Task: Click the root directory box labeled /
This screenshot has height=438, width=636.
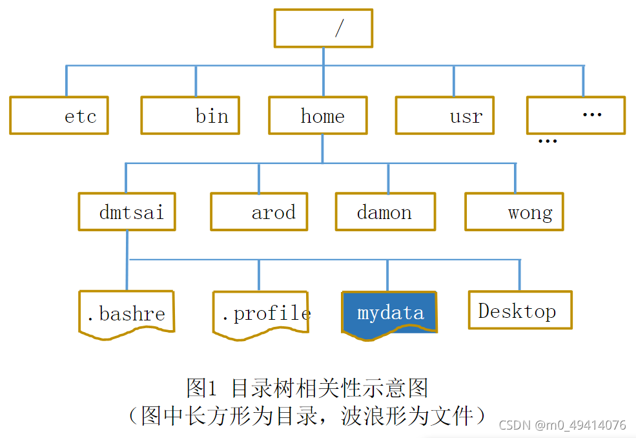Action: (323, 28)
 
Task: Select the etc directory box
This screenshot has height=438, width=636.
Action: (59, 116)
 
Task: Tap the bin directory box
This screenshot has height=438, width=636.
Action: (190, 116)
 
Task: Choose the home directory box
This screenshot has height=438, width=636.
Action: (318, 116)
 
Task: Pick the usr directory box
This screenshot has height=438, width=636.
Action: (444, 116)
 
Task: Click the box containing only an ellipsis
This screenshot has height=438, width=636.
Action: (576, 115)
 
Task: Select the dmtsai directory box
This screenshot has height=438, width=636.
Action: (127, 211)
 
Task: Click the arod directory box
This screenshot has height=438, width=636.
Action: (259, 211)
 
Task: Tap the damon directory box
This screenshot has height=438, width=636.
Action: (385, 211)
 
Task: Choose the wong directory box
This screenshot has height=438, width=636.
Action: (514, 211)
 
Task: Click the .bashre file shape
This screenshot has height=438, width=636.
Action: (127, 313)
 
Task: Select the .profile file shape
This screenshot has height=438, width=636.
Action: (261, 313)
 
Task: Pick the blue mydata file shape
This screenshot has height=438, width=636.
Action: (389, 313)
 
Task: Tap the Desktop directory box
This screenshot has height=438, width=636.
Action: (520, 310)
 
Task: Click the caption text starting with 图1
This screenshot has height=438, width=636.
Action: (307, 388)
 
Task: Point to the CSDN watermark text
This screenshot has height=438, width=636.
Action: (562, 425)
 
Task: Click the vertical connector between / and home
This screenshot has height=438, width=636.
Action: (323, 72)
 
